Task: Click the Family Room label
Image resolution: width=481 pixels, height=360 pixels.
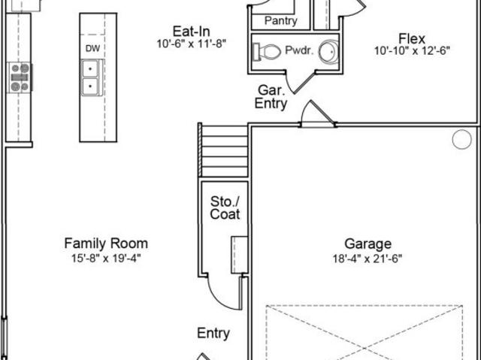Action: [x=106, y=244]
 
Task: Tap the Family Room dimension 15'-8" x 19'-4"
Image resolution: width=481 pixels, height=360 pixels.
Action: [x=106, y=259]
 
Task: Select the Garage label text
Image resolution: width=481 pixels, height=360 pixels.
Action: [x=368, y=244]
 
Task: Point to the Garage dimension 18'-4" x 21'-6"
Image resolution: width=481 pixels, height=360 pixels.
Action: [x=368, y=259]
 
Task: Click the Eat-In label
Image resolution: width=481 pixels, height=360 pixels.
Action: [x=192, y=32]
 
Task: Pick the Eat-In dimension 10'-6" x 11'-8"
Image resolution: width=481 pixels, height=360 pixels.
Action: [x=192, y=44]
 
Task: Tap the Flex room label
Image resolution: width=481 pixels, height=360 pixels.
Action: [x=412, y=38]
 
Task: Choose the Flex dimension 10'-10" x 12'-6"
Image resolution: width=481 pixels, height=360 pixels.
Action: [x=412, y=50]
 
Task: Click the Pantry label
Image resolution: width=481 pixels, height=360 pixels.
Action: [x=280, y=21]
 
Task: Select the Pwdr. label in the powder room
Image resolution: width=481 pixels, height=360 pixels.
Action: [x=299, y=50]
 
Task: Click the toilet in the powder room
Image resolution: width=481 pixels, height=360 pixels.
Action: [x=267, y=52]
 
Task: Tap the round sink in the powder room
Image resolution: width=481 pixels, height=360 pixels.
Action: [x=328, y=52]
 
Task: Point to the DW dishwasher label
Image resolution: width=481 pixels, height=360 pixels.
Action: [x=92, y=48]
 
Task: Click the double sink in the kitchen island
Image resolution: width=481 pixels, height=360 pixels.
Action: [x=90, y=77]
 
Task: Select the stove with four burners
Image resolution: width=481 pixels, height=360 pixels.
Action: [x=20, y=77]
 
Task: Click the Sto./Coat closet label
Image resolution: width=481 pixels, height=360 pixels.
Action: [x=225, y=208]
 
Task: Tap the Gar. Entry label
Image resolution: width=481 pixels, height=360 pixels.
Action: [x=271, y=97]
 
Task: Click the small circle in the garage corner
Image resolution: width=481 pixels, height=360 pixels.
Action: [x=461, y=140]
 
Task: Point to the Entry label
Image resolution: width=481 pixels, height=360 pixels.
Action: [x=213, y=334]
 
